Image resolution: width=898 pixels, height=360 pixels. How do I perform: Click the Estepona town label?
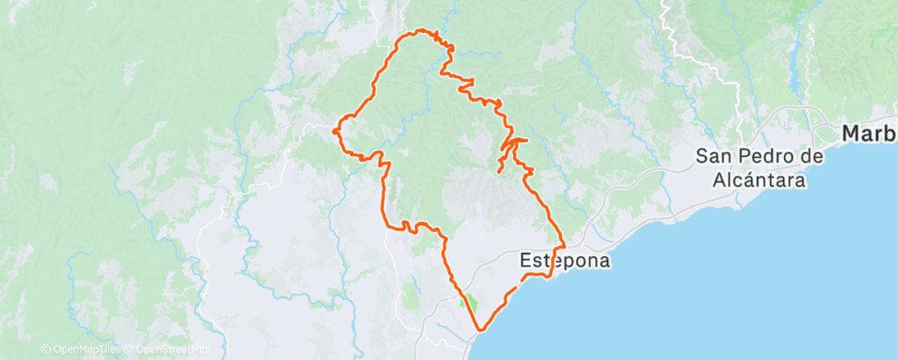point(565,261)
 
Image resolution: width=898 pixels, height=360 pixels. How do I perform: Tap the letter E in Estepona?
point(526,261)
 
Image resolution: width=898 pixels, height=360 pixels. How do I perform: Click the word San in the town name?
point(714,156)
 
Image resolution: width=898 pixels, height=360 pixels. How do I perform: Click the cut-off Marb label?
point(869,134)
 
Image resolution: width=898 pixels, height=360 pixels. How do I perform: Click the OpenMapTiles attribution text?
point(81,350)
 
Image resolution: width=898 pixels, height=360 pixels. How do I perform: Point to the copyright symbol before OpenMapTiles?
point(45,350)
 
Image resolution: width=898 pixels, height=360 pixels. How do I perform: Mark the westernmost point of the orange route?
point(333,130)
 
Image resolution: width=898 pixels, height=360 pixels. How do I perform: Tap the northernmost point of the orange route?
point(420,31)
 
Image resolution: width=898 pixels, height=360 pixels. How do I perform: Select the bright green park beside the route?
point(469,303)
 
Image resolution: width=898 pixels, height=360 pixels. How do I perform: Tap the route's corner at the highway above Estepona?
point(563,245)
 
